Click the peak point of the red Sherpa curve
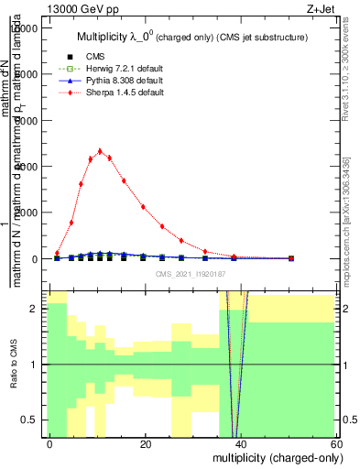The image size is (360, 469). (x=100, y=151)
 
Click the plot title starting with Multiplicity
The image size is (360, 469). (x=191, y=37)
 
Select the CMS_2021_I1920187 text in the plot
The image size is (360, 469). (x=190, y=274)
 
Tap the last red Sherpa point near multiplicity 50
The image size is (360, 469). (x=290, y=258)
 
